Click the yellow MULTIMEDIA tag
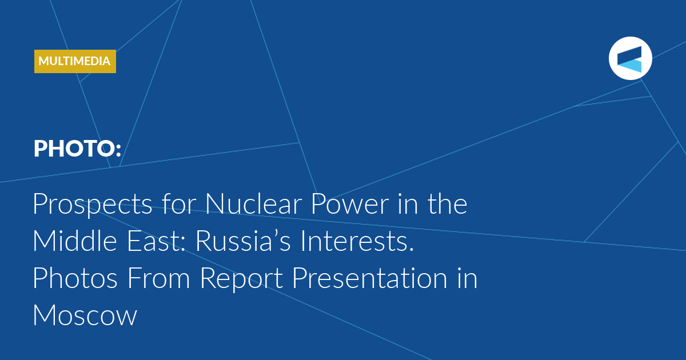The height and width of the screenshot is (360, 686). (75, 61)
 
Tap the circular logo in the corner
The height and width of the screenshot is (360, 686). (630, 58)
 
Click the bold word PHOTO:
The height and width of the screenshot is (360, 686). (77, 149)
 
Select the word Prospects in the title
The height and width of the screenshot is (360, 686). (93, 204)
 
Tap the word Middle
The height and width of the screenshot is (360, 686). (75, 241)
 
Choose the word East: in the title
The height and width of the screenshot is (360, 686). (156, 241)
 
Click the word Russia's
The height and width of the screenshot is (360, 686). (243, 241)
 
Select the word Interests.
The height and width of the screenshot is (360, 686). (357, 241)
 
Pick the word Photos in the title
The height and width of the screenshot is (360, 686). (75, 278)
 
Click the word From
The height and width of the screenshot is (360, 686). (158, 278)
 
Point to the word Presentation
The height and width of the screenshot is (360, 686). (370, 278)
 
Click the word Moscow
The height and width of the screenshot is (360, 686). (85, 315)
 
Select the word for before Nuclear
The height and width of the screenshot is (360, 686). (178, 203)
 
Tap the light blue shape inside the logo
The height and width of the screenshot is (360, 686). (630, 66)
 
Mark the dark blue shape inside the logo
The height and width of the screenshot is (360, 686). (629, 56)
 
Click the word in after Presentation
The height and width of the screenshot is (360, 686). (468, 278)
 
